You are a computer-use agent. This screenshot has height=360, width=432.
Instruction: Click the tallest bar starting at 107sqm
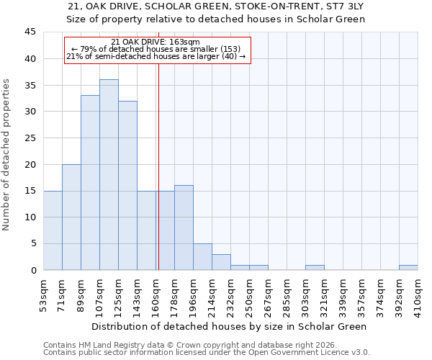pos(109,175)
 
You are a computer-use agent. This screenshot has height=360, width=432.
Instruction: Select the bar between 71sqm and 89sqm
pos(71,217)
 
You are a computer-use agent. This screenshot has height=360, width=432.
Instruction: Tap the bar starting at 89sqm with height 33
pos(90,183)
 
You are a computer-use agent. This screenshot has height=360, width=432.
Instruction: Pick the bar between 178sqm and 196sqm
pos(184,228)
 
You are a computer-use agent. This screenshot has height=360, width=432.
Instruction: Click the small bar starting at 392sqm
pos(408,268)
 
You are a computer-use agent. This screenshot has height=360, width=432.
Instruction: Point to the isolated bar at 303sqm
pos(315,268)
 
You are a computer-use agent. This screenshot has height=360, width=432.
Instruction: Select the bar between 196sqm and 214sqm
pos(202,257)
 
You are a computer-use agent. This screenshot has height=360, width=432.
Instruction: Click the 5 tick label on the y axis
pos(32,244)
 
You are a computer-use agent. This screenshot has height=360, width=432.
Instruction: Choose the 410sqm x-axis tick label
pos(418,295)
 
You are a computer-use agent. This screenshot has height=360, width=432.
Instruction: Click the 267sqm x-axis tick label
pos(268,295)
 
